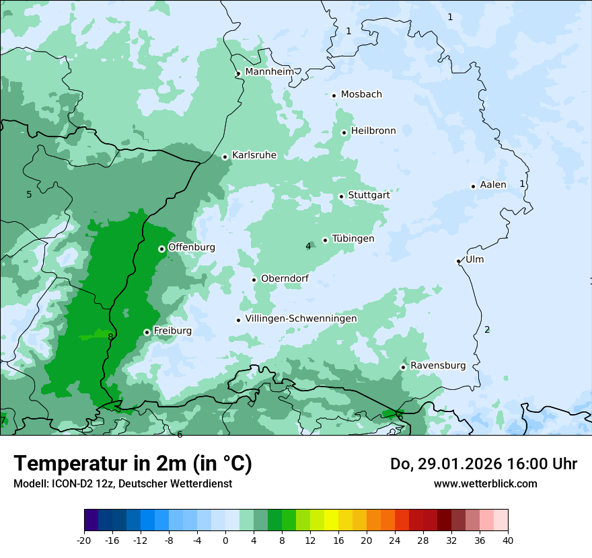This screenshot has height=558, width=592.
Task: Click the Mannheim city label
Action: (269, 72)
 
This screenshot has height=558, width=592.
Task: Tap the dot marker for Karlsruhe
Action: (225, 157)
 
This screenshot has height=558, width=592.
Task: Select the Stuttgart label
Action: (369, 195)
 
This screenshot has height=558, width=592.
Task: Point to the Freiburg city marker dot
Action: (147, 332)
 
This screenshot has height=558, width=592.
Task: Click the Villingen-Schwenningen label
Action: (301, 319)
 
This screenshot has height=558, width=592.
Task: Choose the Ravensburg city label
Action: (438, 366)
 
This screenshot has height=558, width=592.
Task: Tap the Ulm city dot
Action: (458, 261)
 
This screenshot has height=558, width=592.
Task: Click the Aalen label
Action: (493, 185)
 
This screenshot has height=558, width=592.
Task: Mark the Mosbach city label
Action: (361, 95)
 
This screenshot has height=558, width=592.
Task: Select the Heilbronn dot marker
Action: (344, 132)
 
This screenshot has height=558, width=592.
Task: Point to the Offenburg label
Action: (192, 247)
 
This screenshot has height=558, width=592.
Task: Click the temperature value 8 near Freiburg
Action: (110, 337)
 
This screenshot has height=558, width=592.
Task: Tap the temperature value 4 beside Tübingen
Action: (308, 246)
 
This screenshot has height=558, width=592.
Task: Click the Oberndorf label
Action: (285, 278)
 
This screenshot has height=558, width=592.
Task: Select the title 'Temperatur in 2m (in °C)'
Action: (133, 463)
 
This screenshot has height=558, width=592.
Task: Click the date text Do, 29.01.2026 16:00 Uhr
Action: (483, 464)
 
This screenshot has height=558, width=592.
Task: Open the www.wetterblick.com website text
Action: (485, 483)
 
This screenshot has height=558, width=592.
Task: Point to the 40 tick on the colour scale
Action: (507, 540)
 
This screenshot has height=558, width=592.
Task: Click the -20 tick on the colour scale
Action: (84, 540)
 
